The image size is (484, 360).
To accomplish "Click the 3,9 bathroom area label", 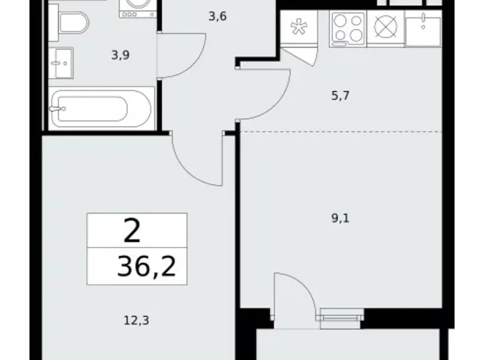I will [x=121, y=55].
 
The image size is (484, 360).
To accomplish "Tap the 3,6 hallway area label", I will [x=217, y=17].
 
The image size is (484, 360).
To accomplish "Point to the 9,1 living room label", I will [x=341, y=218].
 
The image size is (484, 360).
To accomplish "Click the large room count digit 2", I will [x=132, y=232].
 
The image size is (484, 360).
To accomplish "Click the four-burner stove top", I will [x=347, y=29].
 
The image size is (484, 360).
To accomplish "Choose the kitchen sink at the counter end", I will [x=422, y=29].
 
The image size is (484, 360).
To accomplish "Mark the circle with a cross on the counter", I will [x=385, y=29].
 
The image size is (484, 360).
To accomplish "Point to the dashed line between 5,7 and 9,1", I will [x=341, y=132].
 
